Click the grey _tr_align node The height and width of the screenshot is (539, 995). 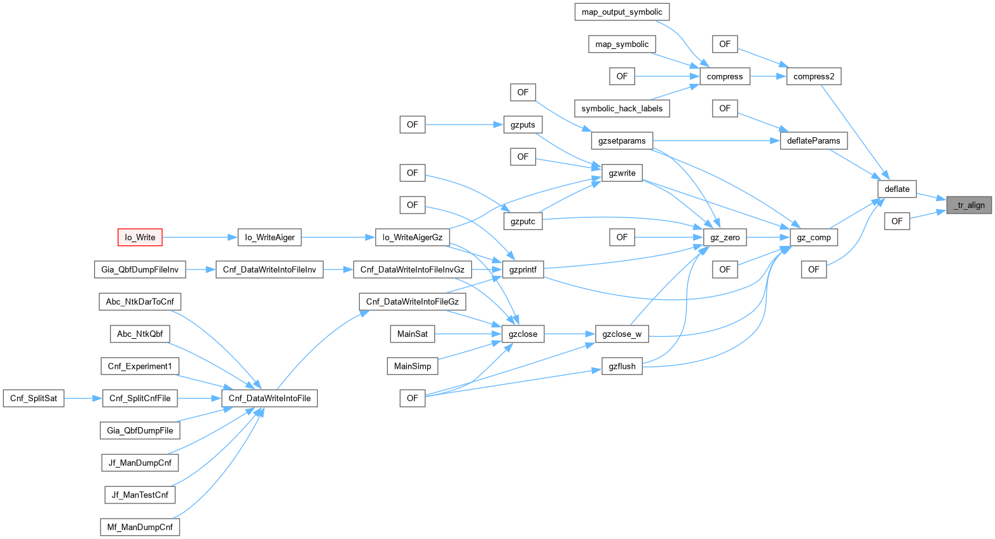click(x=969, y=205)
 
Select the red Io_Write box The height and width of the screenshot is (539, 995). click(x=140, y=237)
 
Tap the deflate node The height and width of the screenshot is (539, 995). click(x=897, y=189)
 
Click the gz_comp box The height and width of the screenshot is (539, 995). click(x=814, y=237)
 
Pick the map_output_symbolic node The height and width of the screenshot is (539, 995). click(x=622, y=12)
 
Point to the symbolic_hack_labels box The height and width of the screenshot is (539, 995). click(x=622, y=108)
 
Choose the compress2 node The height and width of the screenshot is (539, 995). click(x=814, y=76)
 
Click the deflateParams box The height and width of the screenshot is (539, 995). click(x=814, y=140)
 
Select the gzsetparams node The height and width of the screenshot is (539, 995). click(x=622, y=140)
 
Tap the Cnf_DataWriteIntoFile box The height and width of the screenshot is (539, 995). click(x=270, y=399)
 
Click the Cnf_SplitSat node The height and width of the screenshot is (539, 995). click(x=34, y=399)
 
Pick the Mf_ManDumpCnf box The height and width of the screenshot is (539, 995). click(x=140, y=527)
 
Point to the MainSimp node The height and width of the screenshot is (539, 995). click(x=412, y=366)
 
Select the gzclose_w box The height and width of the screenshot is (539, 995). click(x=622, y=334)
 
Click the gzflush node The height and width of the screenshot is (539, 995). click(x=622, y=366)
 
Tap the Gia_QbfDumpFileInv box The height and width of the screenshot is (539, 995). click(x=140, y=269)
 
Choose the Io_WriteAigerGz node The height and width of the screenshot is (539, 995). click(x=412, y=237)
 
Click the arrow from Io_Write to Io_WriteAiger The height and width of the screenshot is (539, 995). click(x=200, y=237)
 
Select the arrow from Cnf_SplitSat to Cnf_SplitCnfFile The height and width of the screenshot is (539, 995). click(x=83, y=399)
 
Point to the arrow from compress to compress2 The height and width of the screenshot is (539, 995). click(x=768, y=76)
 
